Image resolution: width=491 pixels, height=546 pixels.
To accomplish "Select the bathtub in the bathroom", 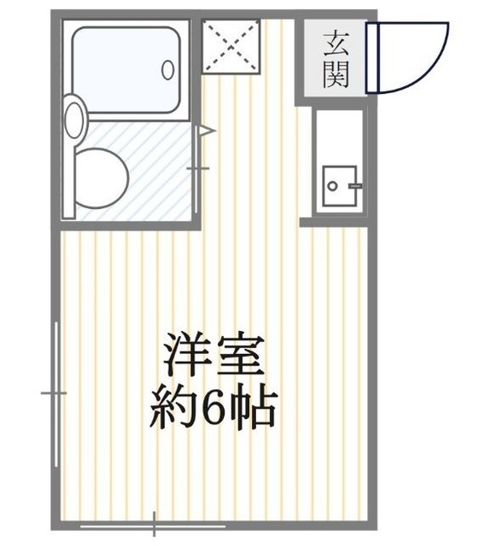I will [128, 69].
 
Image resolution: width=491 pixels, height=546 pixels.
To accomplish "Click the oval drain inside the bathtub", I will [168, 69].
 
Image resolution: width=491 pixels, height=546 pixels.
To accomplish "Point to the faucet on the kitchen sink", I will [353, 184].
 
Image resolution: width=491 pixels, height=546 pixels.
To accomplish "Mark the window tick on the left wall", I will [53, 392].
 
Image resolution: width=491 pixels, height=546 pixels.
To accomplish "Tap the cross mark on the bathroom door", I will [198, 168].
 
